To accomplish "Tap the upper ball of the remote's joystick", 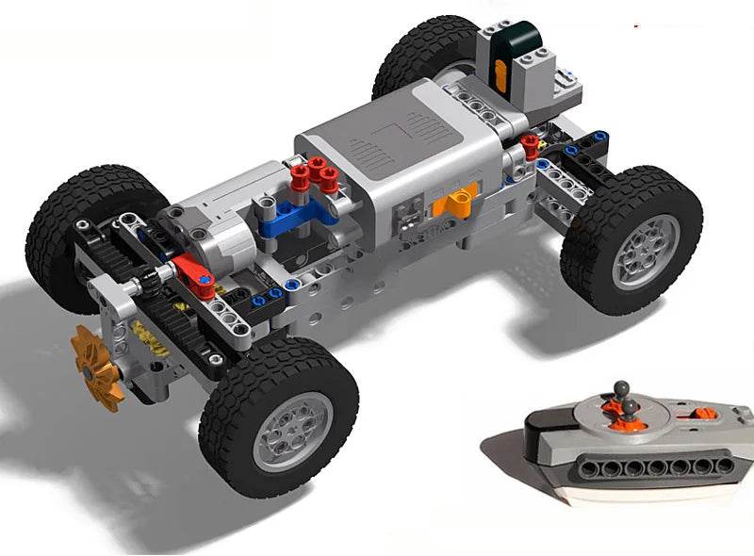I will click(620, 387).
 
